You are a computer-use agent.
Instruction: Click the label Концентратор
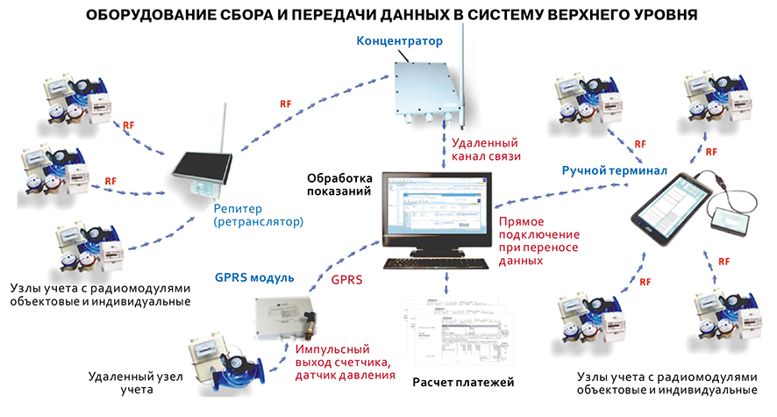[399, 41]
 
